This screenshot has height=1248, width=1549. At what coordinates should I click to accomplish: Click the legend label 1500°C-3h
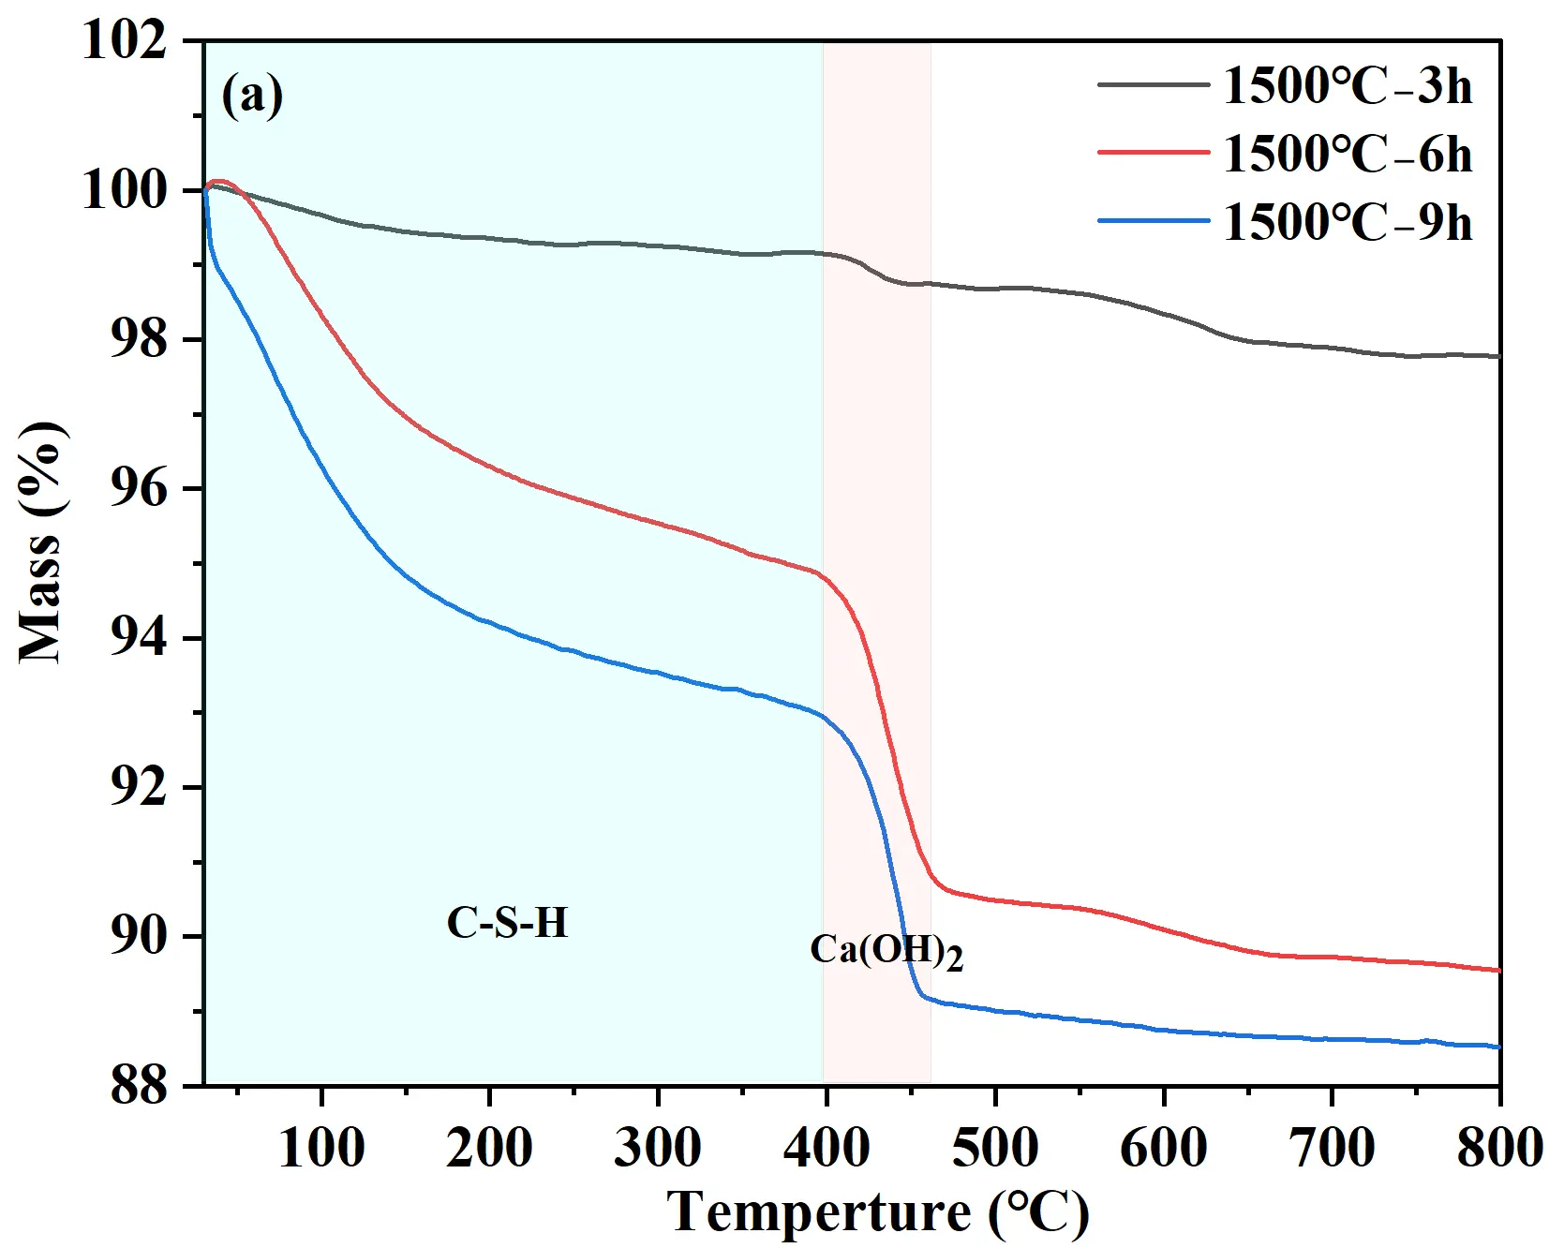1348,86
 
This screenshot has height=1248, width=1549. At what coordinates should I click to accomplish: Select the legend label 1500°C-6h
1348,155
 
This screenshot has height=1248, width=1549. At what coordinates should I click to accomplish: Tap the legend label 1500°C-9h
1348,223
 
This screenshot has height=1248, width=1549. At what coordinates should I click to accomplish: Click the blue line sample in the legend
1154,222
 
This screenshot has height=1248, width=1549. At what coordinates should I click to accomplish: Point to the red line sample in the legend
1154,153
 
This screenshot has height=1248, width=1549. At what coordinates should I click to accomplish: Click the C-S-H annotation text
507,923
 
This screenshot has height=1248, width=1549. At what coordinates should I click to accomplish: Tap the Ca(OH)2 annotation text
886,952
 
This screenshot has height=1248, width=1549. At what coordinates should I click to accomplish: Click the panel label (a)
252,96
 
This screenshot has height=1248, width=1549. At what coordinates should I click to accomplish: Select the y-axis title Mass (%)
42,543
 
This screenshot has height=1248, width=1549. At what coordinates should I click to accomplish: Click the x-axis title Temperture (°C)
878,1212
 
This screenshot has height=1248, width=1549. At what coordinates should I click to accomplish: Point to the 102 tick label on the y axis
125,41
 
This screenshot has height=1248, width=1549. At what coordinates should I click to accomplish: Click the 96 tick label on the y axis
140,489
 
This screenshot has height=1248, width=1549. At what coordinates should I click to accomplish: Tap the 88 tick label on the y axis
140,1087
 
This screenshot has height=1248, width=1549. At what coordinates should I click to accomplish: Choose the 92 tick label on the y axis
140,788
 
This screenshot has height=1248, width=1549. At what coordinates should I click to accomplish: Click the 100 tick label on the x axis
321,1147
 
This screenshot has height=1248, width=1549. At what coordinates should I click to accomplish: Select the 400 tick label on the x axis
827,1147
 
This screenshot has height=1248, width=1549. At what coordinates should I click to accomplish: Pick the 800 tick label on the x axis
1499,1147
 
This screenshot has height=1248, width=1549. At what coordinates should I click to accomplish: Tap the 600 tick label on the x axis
1163,1147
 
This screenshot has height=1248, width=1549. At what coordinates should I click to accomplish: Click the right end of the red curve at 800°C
1498,971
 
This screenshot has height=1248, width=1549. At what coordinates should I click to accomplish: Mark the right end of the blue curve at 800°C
1498,1047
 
